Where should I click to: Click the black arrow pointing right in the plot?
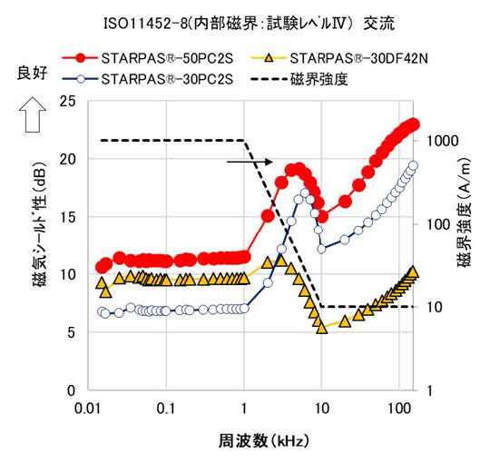coord(250,162)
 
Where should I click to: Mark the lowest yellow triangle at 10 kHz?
coord(321,328)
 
